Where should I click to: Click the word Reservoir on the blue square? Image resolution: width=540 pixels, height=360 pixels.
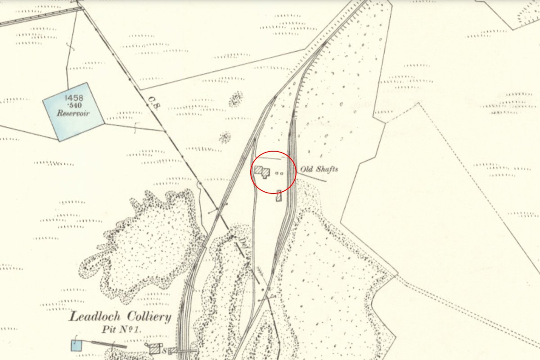[73, 113]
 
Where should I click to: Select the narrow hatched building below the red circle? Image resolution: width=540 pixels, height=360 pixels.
[279, 196]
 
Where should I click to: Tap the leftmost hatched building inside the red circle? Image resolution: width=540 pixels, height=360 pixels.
[259, 170]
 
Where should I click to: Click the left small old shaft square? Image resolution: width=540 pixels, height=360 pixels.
[277, 173]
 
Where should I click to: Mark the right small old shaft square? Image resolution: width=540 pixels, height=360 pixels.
[282, 173]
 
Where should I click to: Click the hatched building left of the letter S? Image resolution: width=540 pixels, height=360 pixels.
[155, 348]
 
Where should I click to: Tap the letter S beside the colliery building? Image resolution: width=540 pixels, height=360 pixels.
[165, 351]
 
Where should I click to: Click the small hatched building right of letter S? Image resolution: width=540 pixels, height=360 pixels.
[171, 351]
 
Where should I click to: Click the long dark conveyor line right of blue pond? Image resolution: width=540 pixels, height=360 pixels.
[108, 344]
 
